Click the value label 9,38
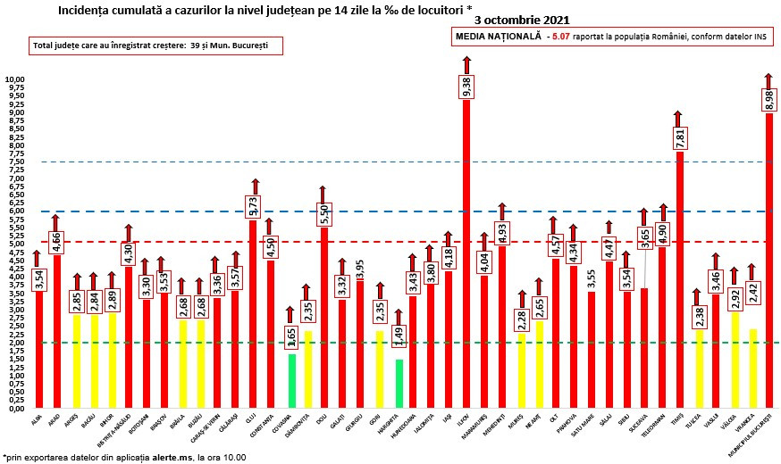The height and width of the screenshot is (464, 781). pyautogui.click(x=466, y=86)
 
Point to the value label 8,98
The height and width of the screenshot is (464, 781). pyautogui.click(x=769, y=99)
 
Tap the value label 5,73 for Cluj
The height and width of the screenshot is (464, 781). pyautogui.click(x=254, y=206)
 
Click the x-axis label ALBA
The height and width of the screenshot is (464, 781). pyautogui.click(x=35, y=420)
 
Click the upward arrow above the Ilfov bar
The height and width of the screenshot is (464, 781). pyautogui.click(x=466, y=64)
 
